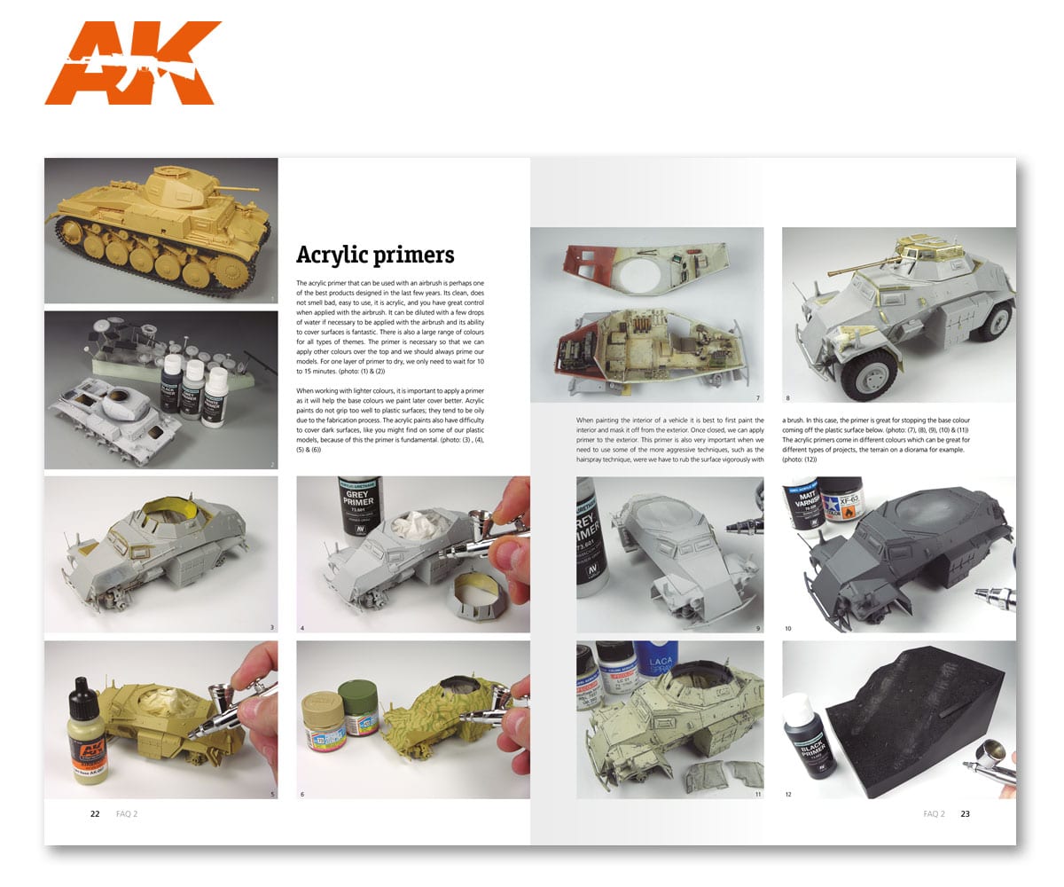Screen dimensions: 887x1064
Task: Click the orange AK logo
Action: [x=133, y=63]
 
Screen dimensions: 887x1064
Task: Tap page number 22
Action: [x=95, y=813]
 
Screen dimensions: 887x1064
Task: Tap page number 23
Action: [x=966, y=813]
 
